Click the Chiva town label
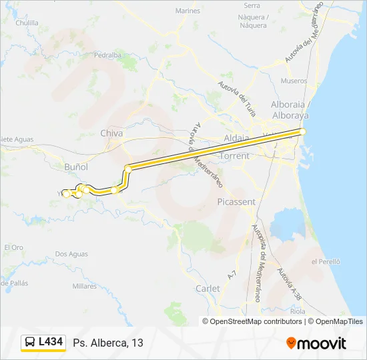tap(111, 133)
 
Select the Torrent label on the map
tap(234, 156)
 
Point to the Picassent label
tap(236, 201)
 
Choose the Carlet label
tap(208, 289)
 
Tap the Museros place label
tap(294, 81)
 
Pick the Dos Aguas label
tap(71, 254)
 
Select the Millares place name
tap(85, 286)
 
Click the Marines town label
tap(188, 11)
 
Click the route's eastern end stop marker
tap(302, 132)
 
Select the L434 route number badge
tap(51, 342)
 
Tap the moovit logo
tap(316, 343)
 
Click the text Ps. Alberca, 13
tap(109, 343)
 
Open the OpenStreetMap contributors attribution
tap(255, 321)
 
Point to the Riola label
tap(298, 311)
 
